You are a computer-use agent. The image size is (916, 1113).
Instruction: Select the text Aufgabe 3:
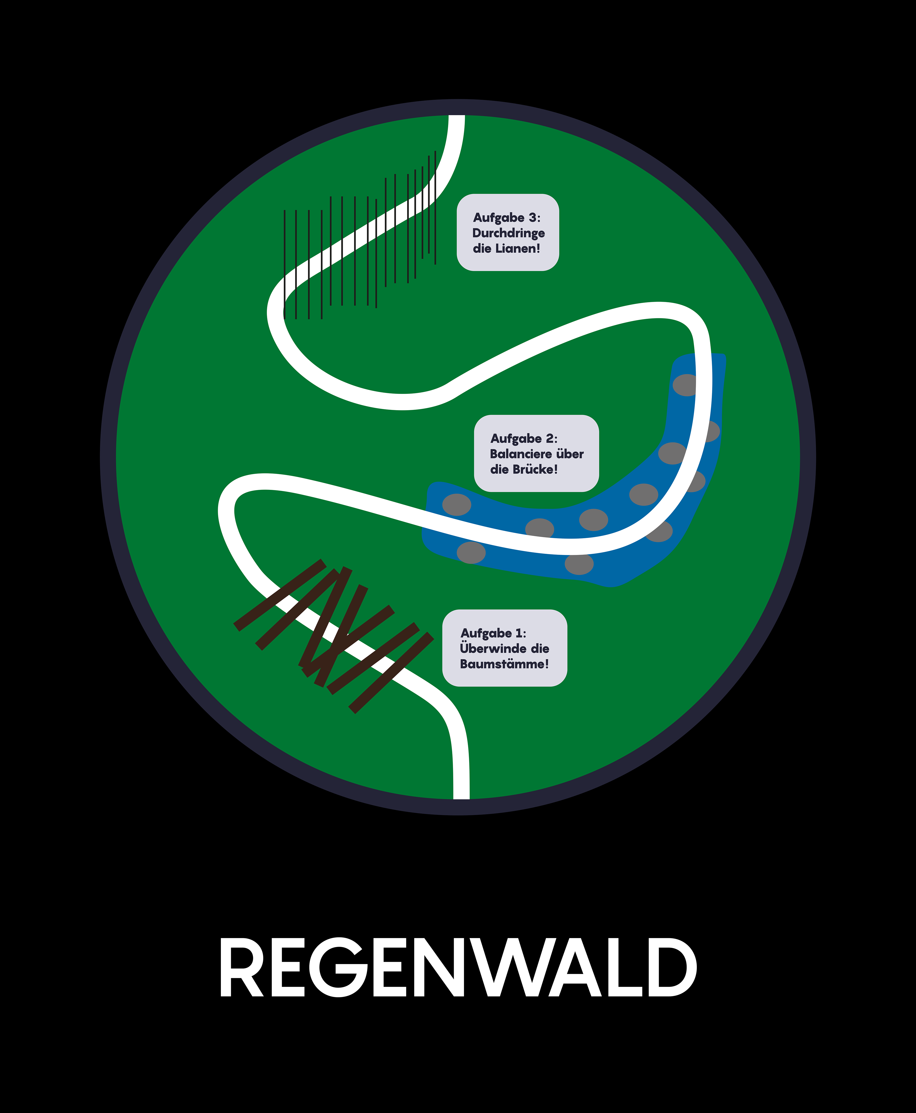507,217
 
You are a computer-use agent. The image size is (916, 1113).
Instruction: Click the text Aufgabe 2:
523,439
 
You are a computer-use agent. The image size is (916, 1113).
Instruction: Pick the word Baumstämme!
504,664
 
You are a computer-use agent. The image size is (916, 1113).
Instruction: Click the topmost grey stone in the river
685,385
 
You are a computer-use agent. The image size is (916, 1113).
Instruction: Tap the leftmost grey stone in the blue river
456,505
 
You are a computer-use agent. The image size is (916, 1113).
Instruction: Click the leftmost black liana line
284,264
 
